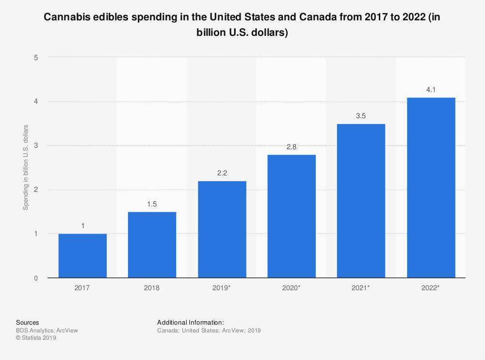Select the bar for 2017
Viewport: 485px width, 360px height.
(82, 256)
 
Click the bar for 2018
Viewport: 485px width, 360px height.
(152, 245)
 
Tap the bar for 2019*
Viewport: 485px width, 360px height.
(222, 229)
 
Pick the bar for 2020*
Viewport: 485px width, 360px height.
(291, 216)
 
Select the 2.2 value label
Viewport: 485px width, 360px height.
(222, 173)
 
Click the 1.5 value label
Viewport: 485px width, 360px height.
(152, 204)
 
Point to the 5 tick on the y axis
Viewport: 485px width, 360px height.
(36, 57)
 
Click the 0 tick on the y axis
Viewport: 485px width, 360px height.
(36, 278)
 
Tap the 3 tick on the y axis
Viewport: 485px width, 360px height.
(36, 145)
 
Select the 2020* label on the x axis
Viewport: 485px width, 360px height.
(291, 288)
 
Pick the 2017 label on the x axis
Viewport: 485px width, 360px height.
(82, 288)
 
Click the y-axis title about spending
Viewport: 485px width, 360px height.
(26, 167)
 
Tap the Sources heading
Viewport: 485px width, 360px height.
(28, 322)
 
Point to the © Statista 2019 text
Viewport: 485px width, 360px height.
(36, 338)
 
